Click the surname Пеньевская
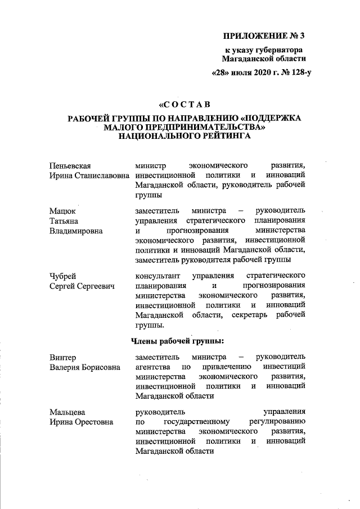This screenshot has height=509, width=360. coord(70,165)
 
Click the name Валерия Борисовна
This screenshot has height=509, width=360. coord(84,367)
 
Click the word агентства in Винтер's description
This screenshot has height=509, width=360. coord(154,367)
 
